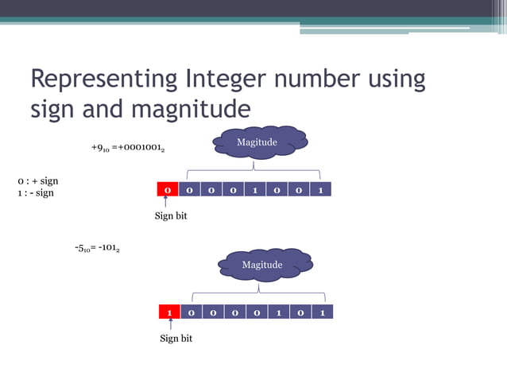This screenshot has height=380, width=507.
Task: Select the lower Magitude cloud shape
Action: tap(262, 265)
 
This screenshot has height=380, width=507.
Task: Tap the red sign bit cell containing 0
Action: tap(167, 191)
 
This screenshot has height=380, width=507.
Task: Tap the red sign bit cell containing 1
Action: tap(170, 312)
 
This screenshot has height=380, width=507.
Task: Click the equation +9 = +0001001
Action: tap(128, 148)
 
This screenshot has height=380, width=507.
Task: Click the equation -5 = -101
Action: tap(98, 248)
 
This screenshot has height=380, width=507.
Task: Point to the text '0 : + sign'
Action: tap(38, 182)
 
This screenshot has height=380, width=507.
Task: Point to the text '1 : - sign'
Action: tap(36, 193)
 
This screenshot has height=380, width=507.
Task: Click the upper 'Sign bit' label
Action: tap(170, 216)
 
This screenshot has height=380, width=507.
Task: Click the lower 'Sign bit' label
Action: tap(176, 339)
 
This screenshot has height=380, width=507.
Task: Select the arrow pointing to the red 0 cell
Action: tap(165, 204)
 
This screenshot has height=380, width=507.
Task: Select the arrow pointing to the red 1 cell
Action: tap(171, 326)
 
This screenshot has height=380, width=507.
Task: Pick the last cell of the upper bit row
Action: tap(319, 191)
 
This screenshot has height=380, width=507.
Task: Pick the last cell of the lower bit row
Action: tap(322, 312)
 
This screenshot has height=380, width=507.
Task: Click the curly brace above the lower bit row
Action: tap(258, 296)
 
